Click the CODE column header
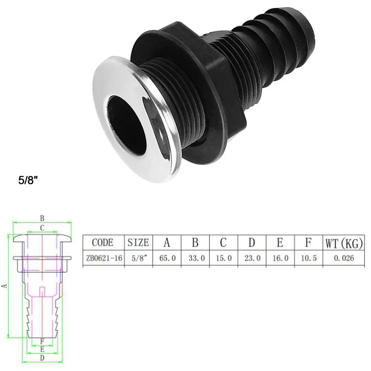coord(103,243)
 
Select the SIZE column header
coord(138,243)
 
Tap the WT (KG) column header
coord(344,243)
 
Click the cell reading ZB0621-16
coord(104,258)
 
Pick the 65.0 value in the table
coord(167,258)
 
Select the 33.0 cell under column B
coord(197,258)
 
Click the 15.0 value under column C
coord(224,258)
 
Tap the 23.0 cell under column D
coord(252,258)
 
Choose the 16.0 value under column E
coord(280,258)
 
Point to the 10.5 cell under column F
coord(309,258)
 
